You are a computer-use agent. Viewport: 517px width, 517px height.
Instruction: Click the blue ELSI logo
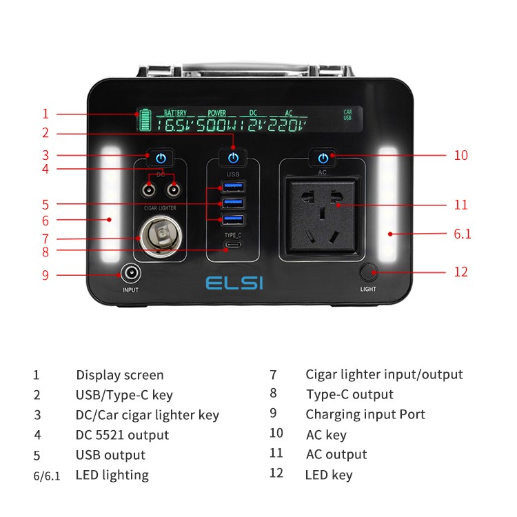coord(234,283)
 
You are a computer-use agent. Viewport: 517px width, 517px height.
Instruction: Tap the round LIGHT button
coord(368,272)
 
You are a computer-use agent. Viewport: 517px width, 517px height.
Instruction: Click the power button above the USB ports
coord(233,159)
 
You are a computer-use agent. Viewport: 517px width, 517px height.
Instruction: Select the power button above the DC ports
coord(161,159)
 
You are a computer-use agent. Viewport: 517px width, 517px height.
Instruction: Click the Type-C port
coord(233,245)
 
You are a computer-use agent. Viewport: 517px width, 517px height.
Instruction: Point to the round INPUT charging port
coord(130,274)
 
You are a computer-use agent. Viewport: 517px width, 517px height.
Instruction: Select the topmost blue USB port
coord(233,186)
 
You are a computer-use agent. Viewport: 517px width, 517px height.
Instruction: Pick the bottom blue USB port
coord(233,219)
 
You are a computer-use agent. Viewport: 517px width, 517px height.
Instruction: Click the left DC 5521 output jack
coord(148,190)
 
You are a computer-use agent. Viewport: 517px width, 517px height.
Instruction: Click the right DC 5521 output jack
coord(173,190)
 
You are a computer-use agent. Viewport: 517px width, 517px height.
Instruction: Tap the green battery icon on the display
coord(145,120)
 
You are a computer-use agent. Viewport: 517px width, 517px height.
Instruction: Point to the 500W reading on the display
coord(216,125)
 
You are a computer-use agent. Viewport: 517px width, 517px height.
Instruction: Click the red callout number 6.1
coord(463,234)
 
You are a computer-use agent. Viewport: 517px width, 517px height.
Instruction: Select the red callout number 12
coord(460,272)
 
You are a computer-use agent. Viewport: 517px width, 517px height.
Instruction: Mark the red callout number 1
coord(45,114)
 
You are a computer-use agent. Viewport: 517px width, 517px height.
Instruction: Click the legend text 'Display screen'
coord(120,375)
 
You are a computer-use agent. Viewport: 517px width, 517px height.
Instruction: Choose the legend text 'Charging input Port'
coord(365,414)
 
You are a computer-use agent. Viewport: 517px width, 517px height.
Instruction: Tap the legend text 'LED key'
coord(329,475)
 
